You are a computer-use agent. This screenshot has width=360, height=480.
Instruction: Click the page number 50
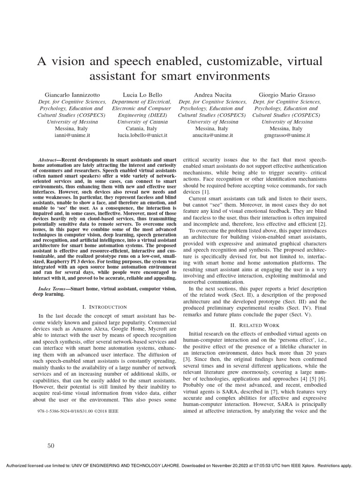click(x=51, y=445)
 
